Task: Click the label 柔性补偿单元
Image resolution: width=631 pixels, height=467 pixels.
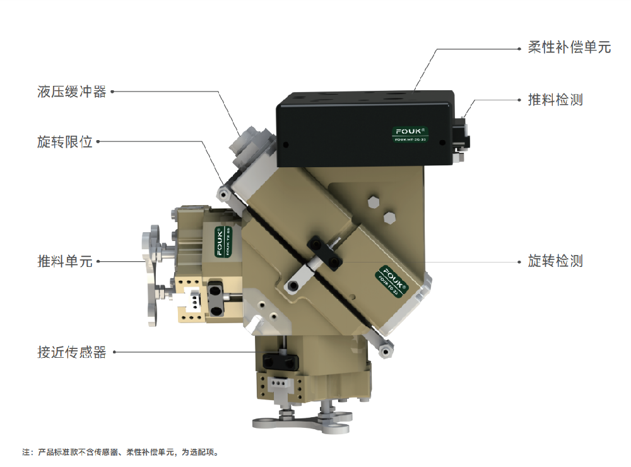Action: coord(569,47)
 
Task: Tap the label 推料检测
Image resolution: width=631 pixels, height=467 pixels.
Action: coord(555,100)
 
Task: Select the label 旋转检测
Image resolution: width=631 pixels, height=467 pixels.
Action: coord(555,261)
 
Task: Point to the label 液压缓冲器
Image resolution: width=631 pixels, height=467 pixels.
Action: coord(72,92)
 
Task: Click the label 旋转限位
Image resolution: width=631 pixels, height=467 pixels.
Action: coord(65,142)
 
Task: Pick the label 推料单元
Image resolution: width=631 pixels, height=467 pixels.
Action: coord(65,261)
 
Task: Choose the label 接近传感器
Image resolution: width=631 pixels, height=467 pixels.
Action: coord(72,352)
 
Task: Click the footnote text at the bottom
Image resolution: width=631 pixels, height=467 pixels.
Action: coord(121,452)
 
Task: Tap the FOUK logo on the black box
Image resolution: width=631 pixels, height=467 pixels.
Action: coord(410,134)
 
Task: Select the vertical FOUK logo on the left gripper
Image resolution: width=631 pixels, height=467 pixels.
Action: coord(223,242)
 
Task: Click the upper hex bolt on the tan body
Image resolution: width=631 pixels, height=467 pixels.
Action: coord(374,202)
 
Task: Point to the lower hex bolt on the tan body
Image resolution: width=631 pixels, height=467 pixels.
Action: coord(389,217)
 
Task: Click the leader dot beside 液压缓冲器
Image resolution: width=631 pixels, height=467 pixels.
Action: coord(112,92)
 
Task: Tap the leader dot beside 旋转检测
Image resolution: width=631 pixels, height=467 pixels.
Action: coord(519,262)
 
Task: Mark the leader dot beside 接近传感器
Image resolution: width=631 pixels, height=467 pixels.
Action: coord(114,352)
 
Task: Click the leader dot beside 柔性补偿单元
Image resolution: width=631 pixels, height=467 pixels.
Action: coord(519,49)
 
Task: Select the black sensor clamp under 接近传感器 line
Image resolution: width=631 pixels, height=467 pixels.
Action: coord(280,360)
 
